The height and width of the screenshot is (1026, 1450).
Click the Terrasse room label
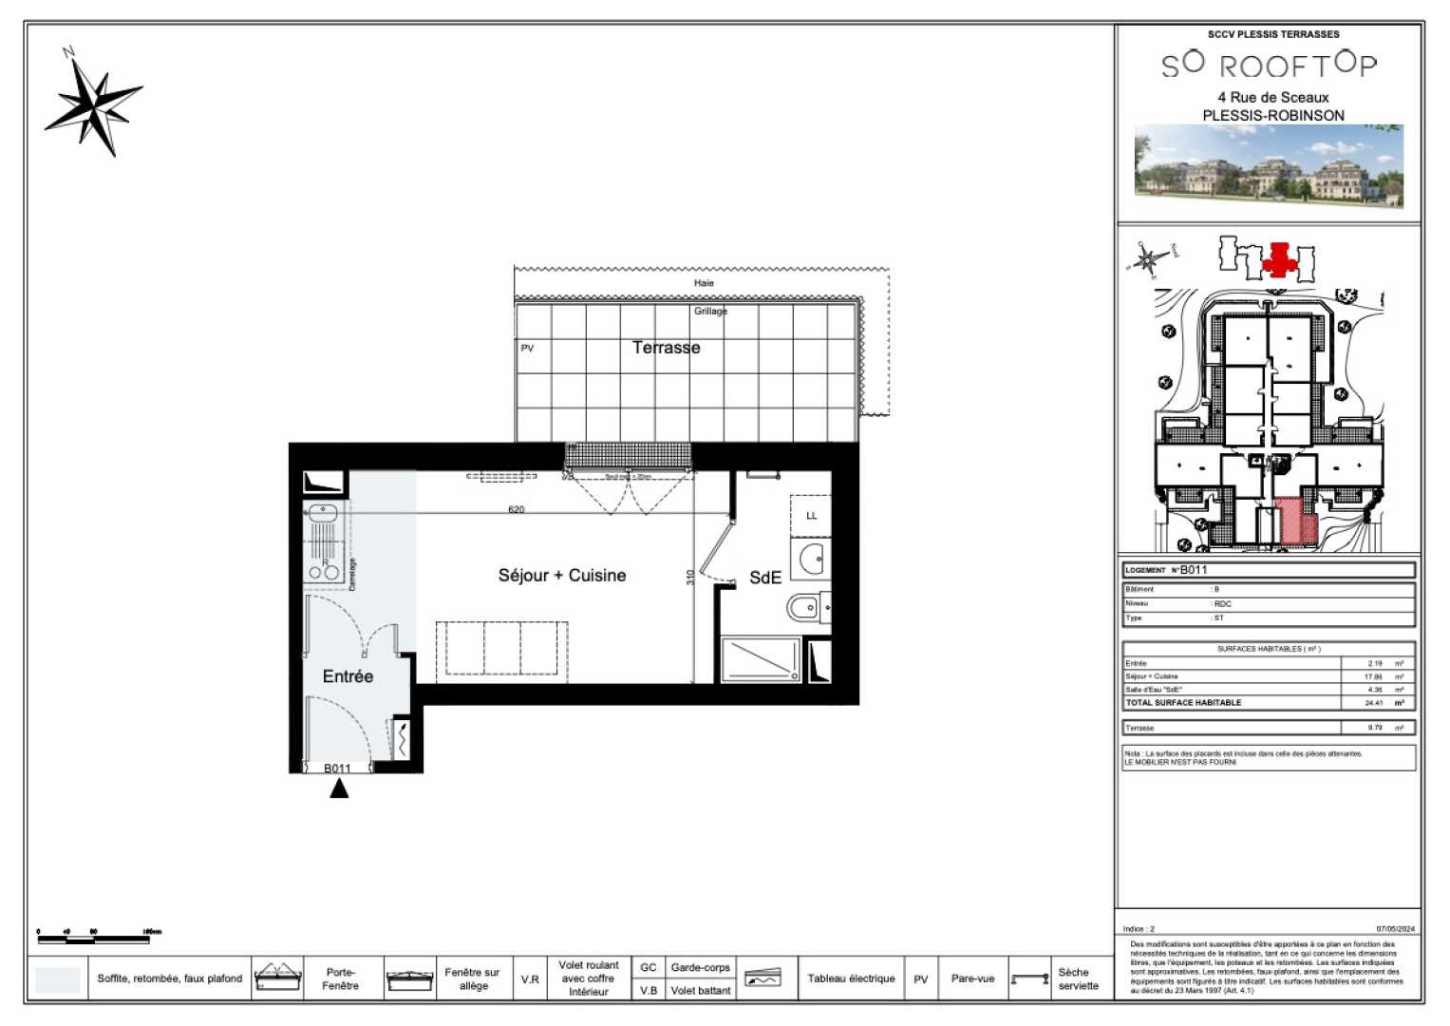[666, 348]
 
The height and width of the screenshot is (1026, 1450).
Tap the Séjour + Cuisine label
[561, 575]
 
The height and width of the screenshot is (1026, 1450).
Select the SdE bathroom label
[764, 577]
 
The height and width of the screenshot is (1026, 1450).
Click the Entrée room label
[348, 676]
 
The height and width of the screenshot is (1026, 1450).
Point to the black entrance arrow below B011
[339, 788]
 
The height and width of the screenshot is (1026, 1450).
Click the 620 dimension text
[516, 509]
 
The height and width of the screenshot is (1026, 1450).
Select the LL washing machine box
[811, 515]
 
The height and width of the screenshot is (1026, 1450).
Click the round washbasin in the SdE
[813, 559]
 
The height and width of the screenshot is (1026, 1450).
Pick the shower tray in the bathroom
[761, 660]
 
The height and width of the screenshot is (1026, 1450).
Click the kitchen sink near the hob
[322, 513]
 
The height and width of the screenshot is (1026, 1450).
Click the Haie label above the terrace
[704, 283]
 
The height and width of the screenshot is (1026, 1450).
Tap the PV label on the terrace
[527, 349]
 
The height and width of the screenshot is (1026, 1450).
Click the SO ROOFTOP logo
[1269, 65]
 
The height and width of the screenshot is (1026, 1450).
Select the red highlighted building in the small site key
[1280, 259]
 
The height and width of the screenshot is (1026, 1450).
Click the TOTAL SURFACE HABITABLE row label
[1183, 703]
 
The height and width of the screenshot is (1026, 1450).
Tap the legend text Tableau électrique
[851, 978]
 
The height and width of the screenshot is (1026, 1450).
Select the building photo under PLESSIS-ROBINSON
[1269, 166]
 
